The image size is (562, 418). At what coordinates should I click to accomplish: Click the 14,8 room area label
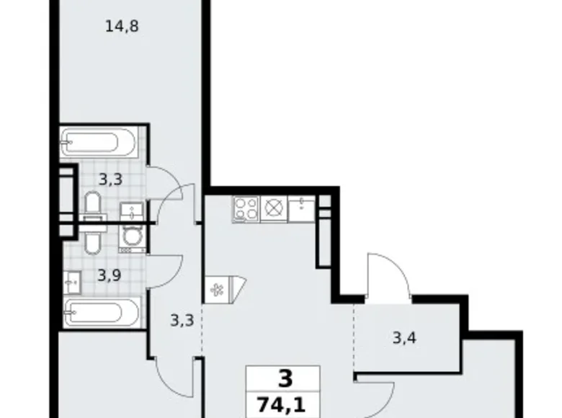[121, 27]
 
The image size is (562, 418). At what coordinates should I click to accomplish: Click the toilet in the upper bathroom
[92, 205]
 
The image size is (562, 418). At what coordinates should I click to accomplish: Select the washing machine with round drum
[132, 236]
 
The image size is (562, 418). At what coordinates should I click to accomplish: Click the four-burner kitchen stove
[246, 208]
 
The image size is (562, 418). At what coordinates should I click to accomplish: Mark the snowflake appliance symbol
[215, 290]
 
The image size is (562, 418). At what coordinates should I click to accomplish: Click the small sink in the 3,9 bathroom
[72, 281]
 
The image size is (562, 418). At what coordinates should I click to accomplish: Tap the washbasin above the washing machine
[130, 211]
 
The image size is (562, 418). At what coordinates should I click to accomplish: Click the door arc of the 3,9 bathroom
[167, 270]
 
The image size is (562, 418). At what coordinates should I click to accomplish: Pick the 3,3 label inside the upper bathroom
[110, 179]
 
